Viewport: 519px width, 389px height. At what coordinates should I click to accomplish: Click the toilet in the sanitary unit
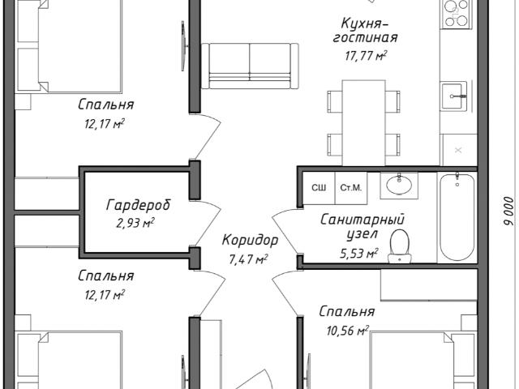click(x=400, y=246)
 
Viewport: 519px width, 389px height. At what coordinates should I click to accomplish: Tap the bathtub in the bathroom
click(x=457, y=216)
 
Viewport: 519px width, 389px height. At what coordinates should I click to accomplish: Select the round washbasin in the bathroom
click(x=399, y=185)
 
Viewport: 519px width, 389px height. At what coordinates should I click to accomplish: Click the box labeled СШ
click(x=319, y=188)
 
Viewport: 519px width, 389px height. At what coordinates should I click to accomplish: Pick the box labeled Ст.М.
click(x=351, y=188)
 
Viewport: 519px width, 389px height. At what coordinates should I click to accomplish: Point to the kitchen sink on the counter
click(x=454, y=96)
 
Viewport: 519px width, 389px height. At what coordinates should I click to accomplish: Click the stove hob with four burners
click(x=456, y=13)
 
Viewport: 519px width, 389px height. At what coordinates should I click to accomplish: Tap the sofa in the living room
click(x=250, y=66)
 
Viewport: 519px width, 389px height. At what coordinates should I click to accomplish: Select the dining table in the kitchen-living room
click(x=364, y=122)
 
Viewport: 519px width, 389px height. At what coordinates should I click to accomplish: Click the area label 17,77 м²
click(x=366, y=56)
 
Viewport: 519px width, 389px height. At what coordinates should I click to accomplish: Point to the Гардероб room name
click(x=139, y=205)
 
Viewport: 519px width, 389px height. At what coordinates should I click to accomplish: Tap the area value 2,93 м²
click(x=135, y=224)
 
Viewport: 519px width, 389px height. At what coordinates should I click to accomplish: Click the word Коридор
click(x=250, y=241)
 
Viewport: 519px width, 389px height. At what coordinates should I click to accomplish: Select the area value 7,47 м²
click(x=248, y=259)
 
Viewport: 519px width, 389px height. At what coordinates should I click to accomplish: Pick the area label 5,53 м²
click(x=359, y=254)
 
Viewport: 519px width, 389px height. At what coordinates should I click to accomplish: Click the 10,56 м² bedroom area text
click(x=348, y=330)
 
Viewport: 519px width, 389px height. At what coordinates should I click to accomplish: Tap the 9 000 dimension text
click(x=509, y=212)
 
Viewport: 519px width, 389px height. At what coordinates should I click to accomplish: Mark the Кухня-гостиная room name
click(x=365, y=31)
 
